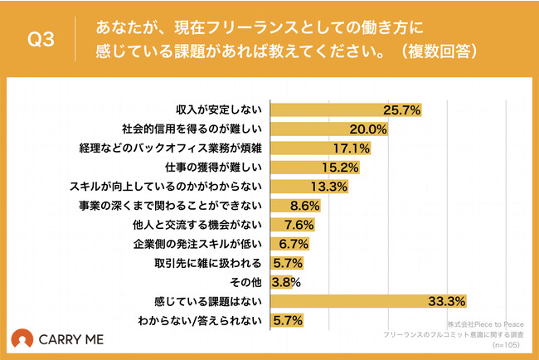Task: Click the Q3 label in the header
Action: (x=41, y=41)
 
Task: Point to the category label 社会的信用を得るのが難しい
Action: (x=192, y=129)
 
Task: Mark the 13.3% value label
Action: (x=328, y=187)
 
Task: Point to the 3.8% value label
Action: (x=285, y=282)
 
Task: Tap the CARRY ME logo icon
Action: (x=22, y=340)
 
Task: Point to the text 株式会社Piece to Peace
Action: (x=486, y=324)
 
